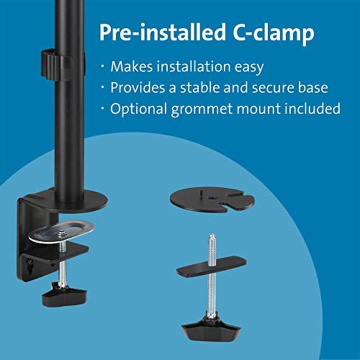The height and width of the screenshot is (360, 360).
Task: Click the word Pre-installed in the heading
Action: click(x=158, y=33)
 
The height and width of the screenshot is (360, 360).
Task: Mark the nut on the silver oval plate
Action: click(x=62, y=233)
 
